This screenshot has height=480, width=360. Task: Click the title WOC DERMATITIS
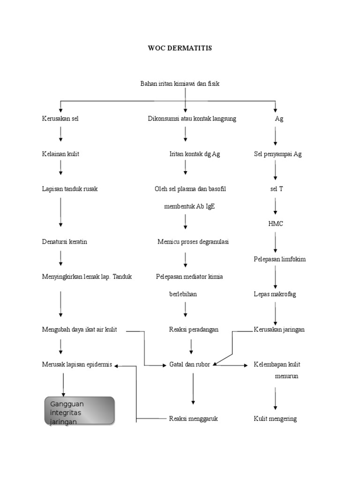pos(180,48)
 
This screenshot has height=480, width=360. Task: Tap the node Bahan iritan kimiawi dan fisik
pos(180,83)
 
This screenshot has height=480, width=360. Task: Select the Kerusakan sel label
pos(60,119)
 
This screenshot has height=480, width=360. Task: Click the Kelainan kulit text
pos(60,154)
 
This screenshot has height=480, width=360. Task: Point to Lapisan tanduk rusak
pos(69,189)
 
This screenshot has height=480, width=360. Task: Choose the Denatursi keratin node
pos(64,242)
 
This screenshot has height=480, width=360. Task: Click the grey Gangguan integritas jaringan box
pos(79,411)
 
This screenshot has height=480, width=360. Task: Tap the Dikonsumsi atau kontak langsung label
pos(192,119)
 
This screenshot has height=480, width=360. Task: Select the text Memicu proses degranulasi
pos(193,242)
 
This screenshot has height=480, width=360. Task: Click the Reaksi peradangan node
pos(194,330)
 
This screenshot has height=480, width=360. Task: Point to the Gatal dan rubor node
pos(189,365)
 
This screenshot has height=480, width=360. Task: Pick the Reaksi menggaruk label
pos(194,419)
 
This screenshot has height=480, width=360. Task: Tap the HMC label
pos(276,224)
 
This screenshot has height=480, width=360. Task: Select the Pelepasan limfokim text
pos(279,259)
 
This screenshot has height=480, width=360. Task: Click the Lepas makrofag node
pos(275,294)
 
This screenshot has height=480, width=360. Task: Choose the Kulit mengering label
pos(275,419)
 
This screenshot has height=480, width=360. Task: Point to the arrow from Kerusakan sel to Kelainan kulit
pos(61,135)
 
